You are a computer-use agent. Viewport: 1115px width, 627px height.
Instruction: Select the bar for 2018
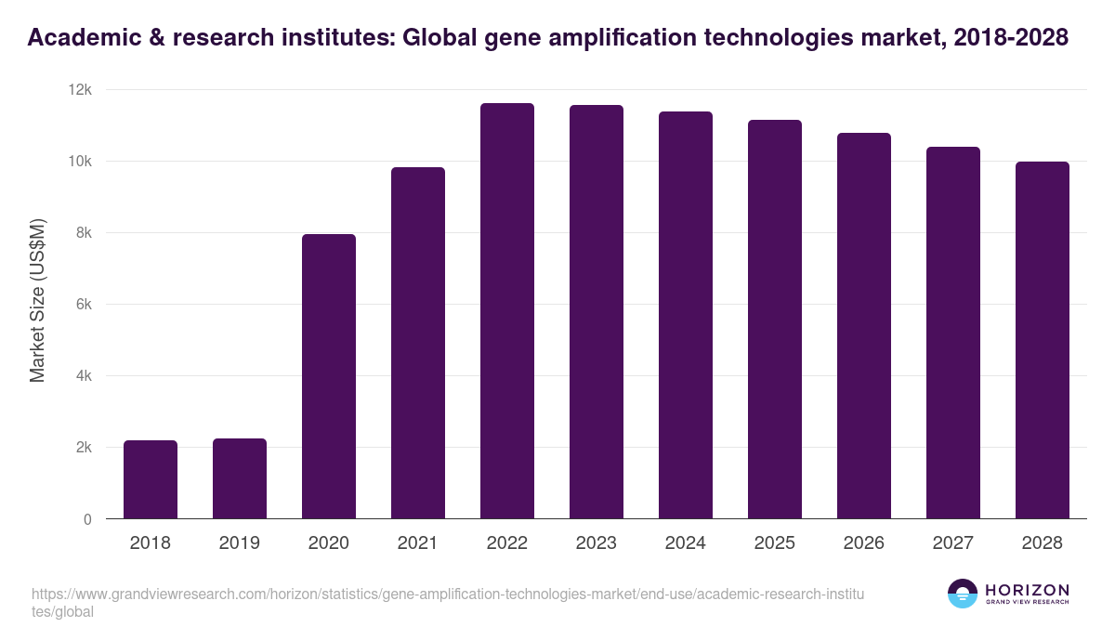pyautogui.click(x=151, y=479)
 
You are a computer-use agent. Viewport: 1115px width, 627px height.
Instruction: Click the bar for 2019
pyautogui.click(x=240, y=478)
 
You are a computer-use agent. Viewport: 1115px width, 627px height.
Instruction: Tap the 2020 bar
pyautogui.click(x=329, y=376)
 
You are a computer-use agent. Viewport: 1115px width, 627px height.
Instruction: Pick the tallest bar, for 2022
pyautogui.click(x=507, y=311)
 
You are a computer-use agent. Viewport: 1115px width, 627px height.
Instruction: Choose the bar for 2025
pyautogui.click(x=775, y=320)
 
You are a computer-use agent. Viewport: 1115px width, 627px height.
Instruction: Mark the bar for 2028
pyautogui.click(x=1043, y=340)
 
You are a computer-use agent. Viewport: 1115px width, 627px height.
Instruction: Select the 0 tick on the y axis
pyautogui.click(x=87, y=519)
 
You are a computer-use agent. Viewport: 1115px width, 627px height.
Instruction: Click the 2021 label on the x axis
pyautogui.click(x=418, y=543)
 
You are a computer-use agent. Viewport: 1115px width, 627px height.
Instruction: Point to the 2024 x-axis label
pyautogui.click(x=686, y=543)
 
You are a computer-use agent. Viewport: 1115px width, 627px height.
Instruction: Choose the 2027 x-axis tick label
pyautogui.click(x=953, y=543)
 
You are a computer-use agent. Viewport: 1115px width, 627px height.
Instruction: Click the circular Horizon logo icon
pyautogui.click(x=963, y=594)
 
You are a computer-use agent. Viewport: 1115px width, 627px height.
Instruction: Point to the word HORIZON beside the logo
pyautogui.click(x=1028, y=589)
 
